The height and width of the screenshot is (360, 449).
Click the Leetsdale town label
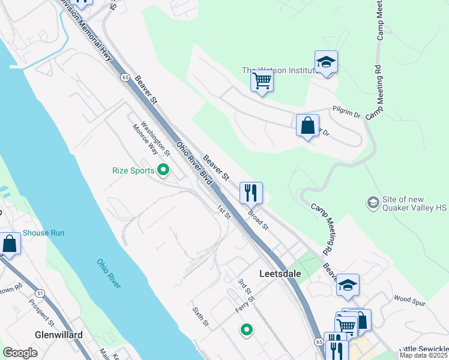click(x=284, y=274)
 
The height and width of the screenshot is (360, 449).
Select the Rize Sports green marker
click(x=162, y=170)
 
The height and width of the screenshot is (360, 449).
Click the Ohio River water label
click(x=109, y=273)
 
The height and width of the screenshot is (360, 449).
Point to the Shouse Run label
click(x=43, y=233)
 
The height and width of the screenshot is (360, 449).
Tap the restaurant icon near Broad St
click(x=251, y=193)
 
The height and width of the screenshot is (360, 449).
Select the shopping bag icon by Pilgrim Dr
click(x=307, y=126)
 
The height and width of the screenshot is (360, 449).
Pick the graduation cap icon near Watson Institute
click(x=326, y=62)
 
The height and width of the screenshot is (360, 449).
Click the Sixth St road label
click(x=200, y=317)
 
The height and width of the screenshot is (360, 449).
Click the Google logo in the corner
click(x=20, y=353)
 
